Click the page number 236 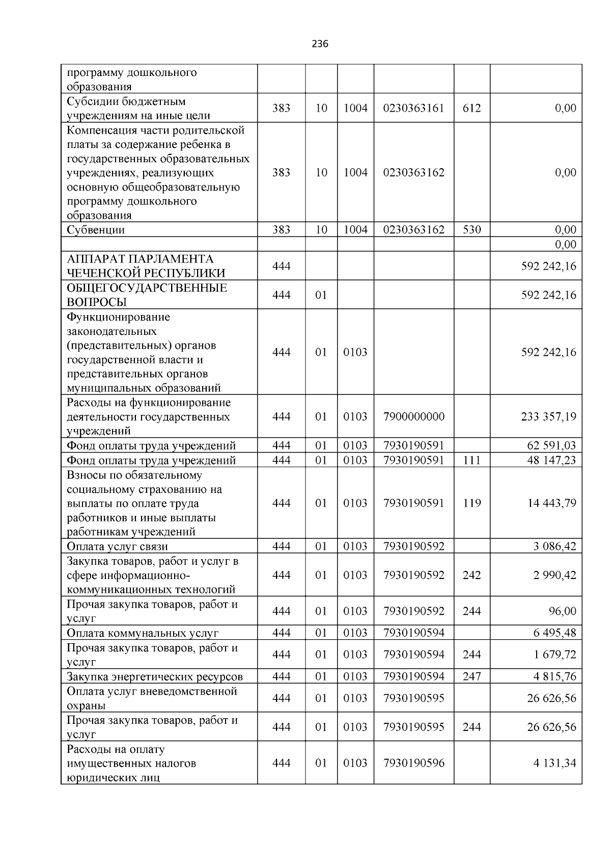tap(320, 44)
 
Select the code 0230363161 tap(413, 108)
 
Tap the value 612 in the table tap(471, 108)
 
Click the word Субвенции tap(96, 230)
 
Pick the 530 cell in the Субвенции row tap(471, 230)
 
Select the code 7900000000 tap(413, 416)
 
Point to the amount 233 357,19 tap(548, 416)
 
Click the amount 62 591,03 tap(551, 445)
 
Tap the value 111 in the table tap(471, 460)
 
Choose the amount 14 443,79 tap(551, 503)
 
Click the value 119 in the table tap(471, 503)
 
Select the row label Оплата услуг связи tap(117, 547)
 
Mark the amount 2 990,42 tap(554, 575)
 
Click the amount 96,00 tap(563, 611)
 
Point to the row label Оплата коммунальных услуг tap(143, 634)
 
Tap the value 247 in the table tap(471, 676)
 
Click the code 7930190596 tap(413, 763)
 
